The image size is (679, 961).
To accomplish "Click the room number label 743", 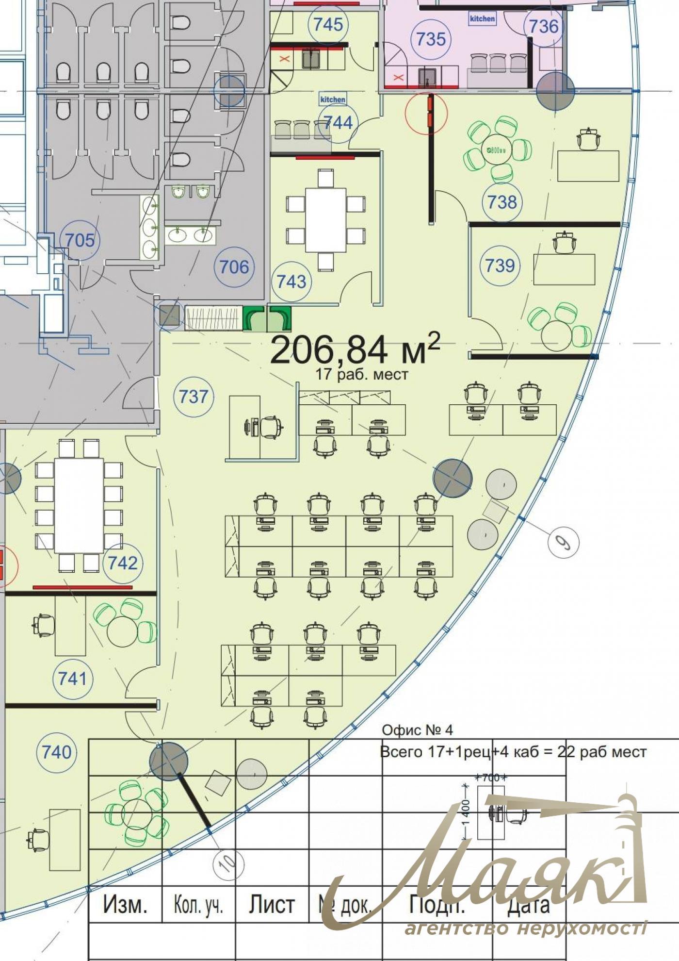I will click(291, 281).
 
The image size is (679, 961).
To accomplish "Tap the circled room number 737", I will click(194, 396).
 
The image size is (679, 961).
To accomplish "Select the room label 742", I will click(123, 563).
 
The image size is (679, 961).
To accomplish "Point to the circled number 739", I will click(500, 265).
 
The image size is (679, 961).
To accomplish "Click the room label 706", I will click(234, 266).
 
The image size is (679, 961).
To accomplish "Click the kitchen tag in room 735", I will click(482, 18).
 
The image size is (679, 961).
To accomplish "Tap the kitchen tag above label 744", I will click(333, 99).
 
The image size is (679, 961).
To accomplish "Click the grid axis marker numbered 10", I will click(228, 862).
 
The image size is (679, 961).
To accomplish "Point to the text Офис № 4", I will click(417, 729).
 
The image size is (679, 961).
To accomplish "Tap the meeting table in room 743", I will click(325, 220).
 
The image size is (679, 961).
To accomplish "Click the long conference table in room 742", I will click(79, 505).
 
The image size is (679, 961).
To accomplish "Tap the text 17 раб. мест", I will click(361, 374).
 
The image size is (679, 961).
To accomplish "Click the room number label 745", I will click(328, 24).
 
